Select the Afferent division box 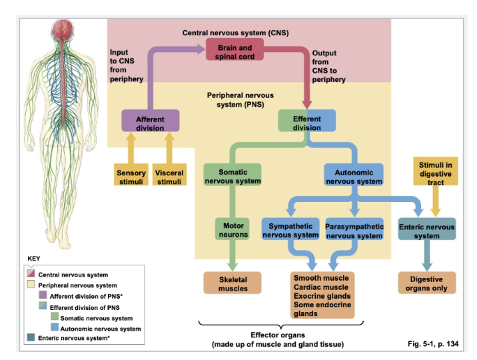[150, 123]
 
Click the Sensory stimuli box [131, 177]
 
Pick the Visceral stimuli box [169, 177]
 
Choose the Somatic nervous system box [233, 177]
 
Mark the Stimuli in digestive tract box [434, 170]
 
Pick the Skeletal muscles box [233, 283]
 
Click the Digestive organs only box [426, 283]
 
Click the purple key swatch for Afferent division [43, 296]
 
